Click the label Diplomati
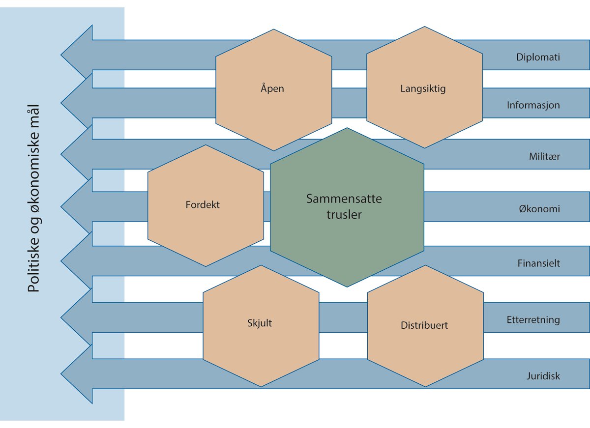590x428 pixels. pyautogui.click(x=538, y=57)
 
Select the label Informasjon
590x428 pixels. pyautogui.click(x=533, y=105)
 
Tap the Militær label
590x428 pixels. pyautogui.click(x=544, y=157)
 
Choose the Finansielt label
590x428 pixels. pyautogui.click(x=538, y=263)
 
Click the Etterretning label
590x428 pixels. pyautogui.click(x=533, y=320)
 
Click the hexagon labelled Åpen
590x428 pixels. pyautogui.click(x=272, y=89)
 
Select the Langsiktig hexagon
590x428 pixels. pyautogui.click(x=423, y=89)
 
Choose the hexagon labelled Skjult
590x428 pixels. pyautogui.click(x=260, y=323)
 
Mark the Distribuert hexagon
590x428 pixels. pyautogui.click(x=424, y=325)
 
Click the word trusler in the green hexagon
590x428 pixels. pyautogui.click(x=344, y=215)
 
